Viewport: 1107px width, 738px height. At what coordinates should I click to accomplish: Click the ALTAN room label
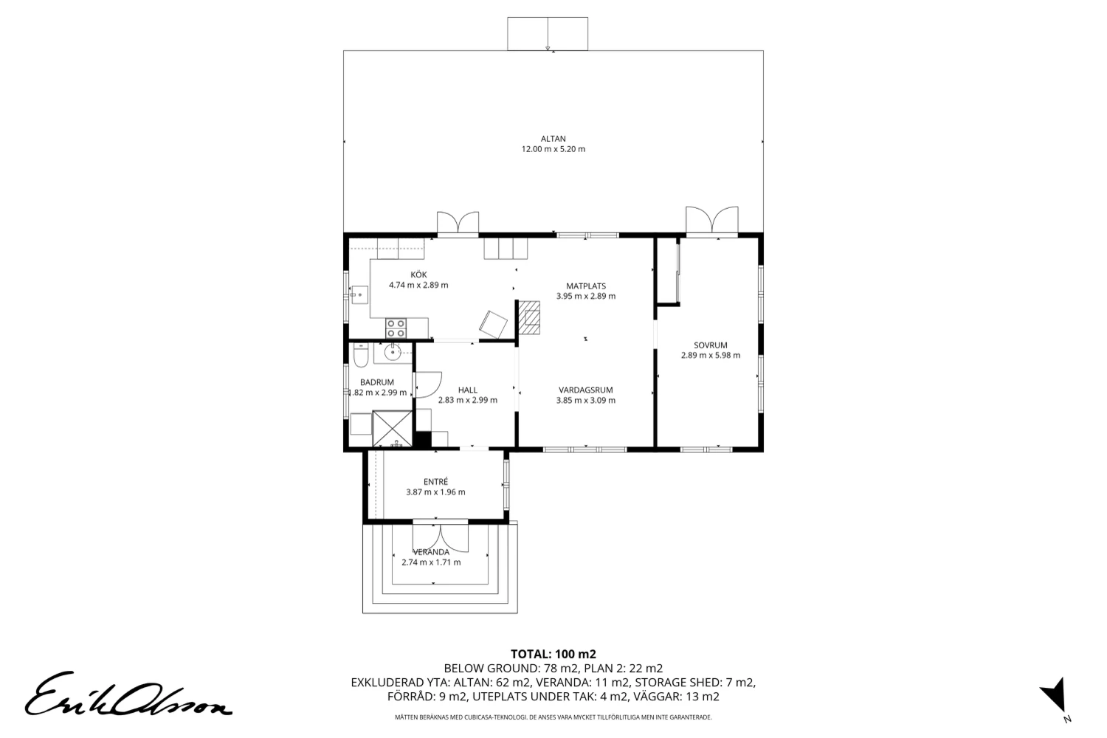553,139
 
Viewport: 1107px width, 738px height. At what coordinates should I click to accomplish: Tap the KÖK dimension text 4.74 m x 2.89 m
418,285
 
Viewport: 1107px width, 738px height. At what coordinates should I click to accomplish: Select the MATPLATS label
586,286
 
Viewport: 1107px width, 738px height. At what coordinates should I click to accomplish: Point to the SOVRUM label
711,345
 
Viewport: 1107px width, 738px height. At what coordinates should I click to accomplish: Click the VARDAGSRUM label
586,390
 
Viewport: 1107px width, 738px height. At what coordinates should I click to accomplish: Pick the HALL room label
468,390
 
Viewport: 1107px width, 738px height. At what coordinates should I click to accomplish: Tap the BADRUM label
377,382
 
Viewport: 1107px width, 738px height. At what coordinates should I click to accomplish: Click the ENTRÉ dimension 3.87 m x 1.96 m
436,492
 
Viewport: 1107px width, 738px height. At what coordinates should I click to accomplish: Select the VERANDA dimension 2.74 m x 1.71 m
432,562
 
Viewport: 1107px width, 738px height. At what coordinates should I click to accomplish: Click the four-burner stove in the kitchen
396,328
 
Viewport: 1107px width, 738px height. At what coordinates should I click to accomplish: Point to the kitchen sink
359,295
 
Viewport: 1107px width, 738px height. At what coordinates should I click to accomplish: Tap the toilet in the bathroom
361,356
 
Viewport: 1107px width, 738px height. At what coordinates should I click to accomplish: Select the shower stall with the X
393,429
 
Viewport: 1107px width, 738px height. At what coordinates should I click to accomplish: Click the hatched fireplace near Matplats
530,317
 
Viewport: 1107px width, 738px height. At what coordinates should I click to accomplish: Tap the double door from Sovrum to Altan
711,220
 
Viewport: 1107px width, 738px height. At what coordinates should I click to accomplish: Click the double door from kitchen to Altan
458,222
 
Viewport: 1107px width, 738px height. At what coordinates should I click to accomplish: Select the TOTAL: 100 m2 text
553,654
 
